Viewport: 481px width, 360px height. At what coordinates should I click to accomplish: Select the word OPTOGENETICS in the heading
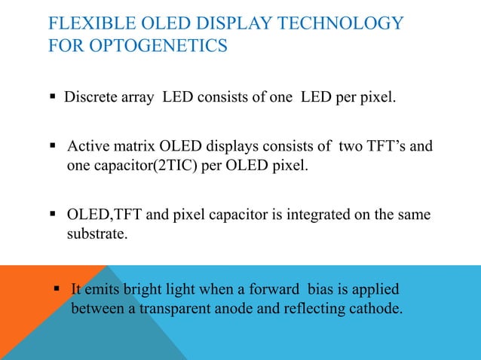158,47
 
